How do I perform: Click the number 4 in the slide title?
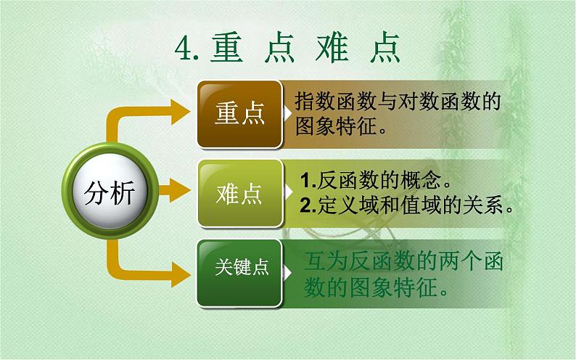pos(182,49)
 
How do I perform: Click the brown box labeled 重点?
pos(239,113)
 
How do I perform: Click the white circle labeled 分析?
pos(110,193)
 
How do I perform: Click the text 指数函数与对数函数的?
pos(398,102)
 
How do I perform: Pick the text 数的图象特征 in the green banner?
pos(376,288)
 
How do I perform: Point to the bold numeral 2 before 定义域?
pos(305,205)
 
